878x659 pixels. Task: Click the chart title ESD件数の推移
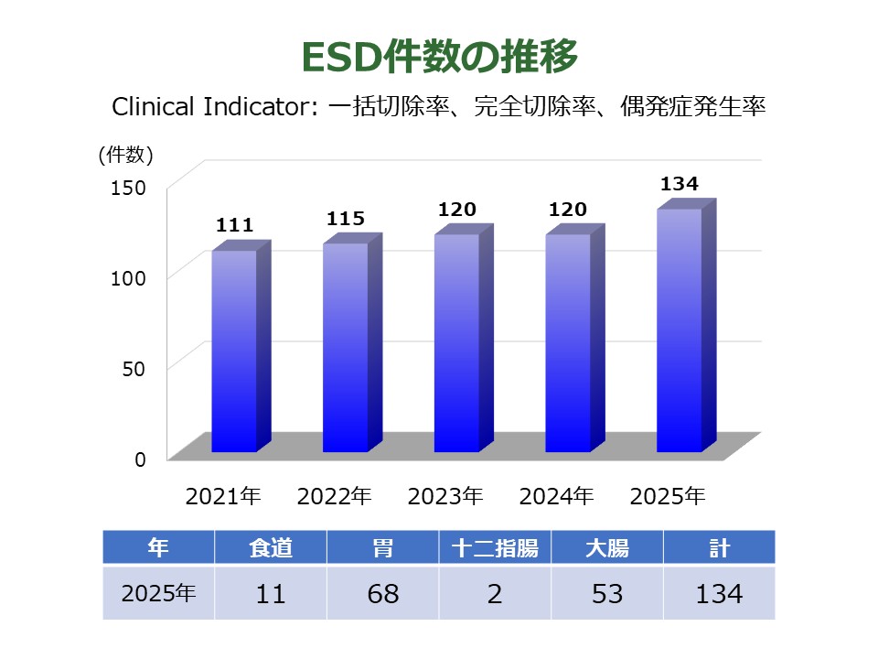click(x=439, y=57)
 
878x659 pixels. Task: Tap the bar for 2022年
click(x=346, y=347)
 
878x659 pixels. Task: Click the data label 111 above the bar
click(x=234, y=225)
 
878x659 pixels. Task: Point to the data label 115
click(x=346, y=219)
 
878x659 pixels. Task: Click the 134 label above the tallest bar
click(x=680, y=184)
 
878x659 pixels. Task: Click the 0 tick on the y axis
click(x=141, y=459)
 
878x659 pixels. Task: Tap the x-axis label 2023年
click(x=445, y=497)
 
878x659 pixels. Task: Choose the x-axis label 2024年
click(x=557, y=497)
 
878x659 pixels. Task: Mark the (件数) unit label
click(x=125, y=156)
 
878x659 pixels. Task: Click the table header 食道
click(x=271, y=548)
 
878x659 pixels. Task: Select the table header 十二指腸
click(x=495, y=548)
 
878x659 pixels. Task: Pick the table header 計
click(x=719, y=548)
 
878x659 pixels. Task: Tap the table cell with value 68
click(x=383, y=593)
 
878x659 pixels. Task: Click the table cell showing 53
click(x=606, y=593)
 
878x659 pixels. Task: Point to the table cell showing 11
click(x=271, y=593)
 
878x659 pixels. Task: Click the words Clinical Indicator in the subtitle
click(x=209, y=107)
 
